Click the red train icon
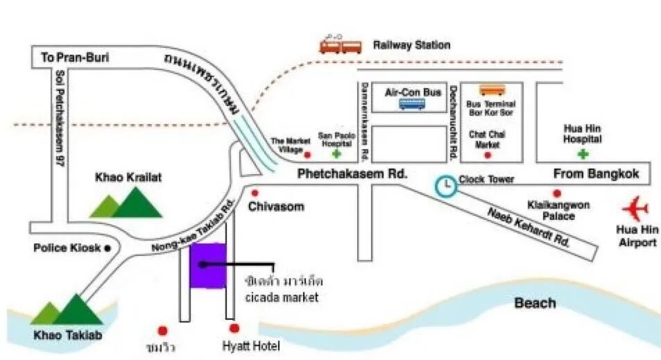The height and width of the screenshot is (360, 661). point(341,45)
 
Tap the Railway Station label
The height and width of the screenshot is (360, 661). point(411,45)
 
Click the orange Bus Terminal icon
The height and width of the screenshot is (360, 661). point(492,89)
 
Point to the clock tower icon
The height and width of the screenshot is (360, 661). point(446,185)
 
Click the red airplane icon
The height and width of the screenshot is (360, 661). point(635,209)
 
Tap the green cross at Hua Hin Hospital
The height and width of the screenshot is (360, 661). point(583,153)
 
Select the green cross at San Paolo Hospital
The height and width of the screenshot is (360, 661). point(336,154)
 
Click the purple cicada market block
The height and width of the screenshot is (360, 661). point(208,266)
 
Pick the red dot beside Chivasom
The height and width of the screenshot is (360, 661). point(255,193)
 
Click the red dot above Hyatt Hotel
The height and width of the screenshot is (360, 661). point(234,328)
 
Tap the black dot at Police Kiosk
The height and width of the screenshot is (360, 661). point(108,248)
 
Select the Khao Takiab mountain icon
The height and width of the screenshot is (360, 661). point(68,309)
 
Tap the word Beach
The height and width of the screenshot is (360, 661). point(535,302)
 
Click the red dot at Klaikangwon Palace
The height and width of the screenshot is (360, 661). point(556,194)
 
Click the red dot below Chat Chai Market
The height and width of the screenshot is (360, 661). point(488,155)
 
